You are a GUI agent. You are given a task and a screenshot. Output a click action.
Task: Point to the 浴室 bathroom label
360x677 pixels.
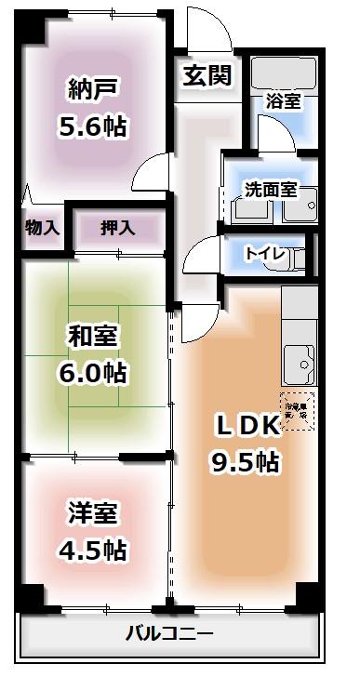coord(282,101)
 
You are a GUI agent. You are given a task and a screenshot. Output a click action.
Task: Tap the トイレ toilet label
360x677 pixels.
coord(263,254)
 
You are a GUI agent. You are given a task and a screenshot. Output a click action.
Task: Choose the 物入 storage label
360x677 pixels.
coord(43,226)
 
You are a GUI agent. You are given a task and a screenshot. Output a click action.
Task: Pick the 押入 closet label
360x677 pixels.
coord(116,226)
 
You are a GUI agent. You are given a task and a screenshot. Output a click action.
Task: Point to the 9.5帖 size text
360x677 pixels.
coord(246,460)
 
